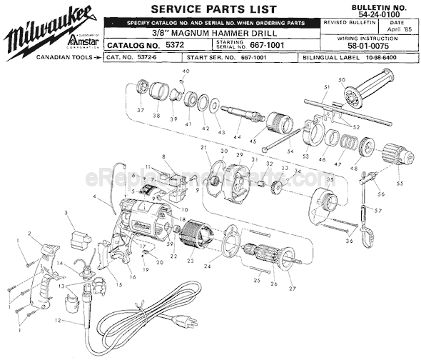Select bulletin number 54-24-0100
coord(390,14)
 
